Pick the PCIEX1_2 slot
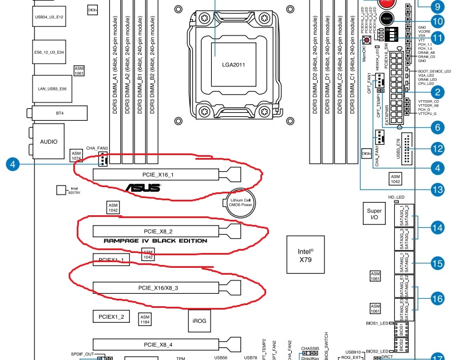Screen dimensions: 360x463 point(111,316)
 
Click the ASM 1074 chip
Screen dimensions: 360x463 point(76,155)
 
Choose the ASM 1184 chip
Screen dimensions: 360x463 point(145,319)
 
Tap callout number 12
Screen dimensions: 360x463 point(437,149)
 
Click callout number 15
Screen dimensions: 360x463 point(437,264)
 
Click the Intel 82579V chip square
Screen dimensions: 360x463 point(62,189)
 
